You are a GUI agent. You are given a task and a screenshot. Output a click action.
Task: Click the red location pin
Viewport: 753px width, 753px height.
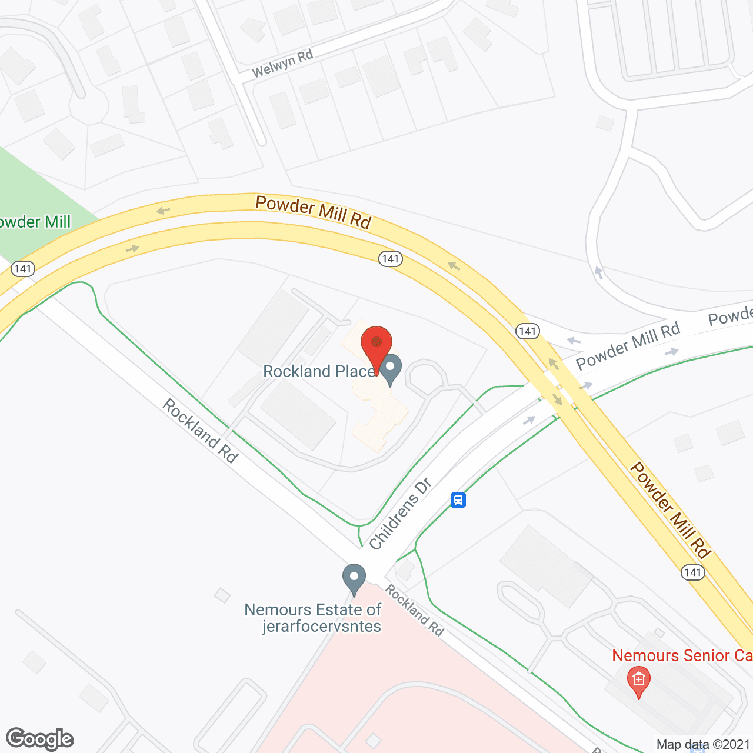(x=376, y=344)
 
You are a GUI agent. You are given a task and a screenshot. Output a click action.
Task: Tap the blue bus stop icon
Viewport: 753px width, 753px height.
(x=458, y=500)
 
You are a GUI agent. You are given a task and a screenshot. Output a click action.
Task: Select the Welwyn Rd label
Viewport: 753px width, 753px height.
(x=282, y=64)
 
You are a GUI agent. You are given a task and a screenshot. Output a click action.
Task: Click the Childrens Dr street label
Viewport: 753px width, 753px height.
(x=400, y=514)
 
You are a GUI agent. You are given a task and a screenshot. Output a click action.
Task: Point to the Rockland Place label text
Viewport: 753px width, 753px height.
(x=319, y=371)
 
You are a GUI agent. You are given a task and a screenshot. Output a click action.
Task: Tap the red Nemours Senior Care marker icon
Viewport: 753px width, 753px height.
(x=639, y=681)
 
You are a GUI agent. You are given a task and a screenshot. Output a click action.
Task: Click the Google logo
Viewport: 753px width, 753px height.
(x=40, y=739)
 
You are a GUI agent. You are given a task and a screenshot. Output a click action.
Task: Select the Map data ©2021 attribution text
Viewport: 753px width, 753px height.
(x=704, y=744)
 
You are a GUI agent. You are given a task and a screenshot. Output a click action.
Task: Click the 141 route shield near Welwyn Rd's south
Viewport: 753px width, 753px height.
(x=391, y=259)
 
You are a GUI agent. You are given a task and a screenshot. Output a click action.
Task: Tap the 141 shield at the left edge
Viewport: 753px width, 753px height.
(x=23, y=269)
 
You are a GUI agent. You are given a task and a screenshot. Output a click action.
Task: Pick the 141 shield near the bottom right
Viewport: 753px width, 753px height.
(x=693, y=572)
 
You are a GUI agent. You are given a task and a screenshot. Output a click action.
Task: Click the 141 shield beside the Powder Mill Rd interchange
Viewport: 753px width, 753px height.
(x=528, y=331)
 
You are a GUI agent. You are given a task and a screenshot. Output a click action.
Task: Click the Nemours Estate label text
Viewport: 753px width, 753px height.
(x=313, y=609)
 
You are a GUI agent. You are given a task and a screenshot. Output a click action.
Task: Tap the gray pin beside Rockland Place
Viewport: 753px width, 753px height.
(x=390, y=369)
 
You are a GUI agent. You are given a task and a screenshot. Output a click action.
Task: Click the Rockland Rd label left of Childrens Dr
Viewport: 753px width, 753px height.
(x=200, y=431)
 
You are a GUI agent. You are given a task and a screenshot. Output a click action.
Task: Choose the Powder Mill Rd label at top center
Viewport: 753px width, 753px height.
(x=314, y=212)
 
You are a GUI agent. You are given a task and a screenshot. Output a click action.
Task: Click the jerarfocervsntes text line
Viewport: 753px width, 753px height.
(x=322, y=626)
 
